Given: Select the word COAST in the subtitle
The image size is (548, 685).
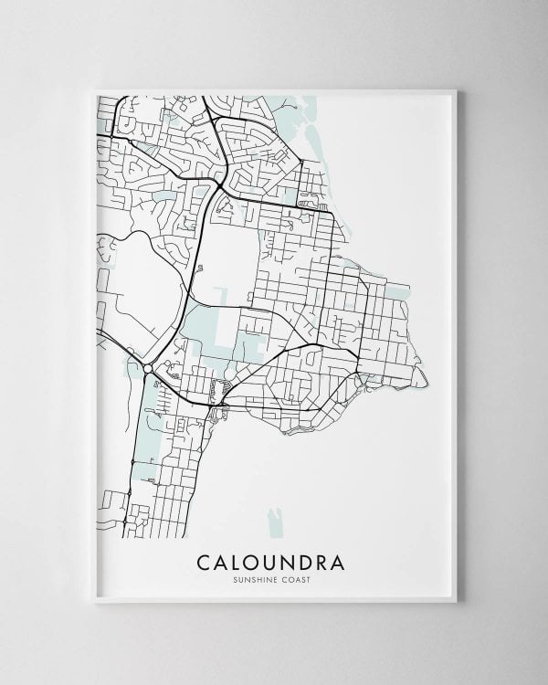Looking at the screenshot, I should click(x=302, y=577).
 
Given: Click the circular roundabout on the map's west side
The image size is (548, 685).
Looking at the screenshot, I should click(x=147, y=369).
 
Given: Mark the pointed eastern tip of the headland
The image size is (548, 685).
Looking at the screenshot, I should click(x=425, y=388).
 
